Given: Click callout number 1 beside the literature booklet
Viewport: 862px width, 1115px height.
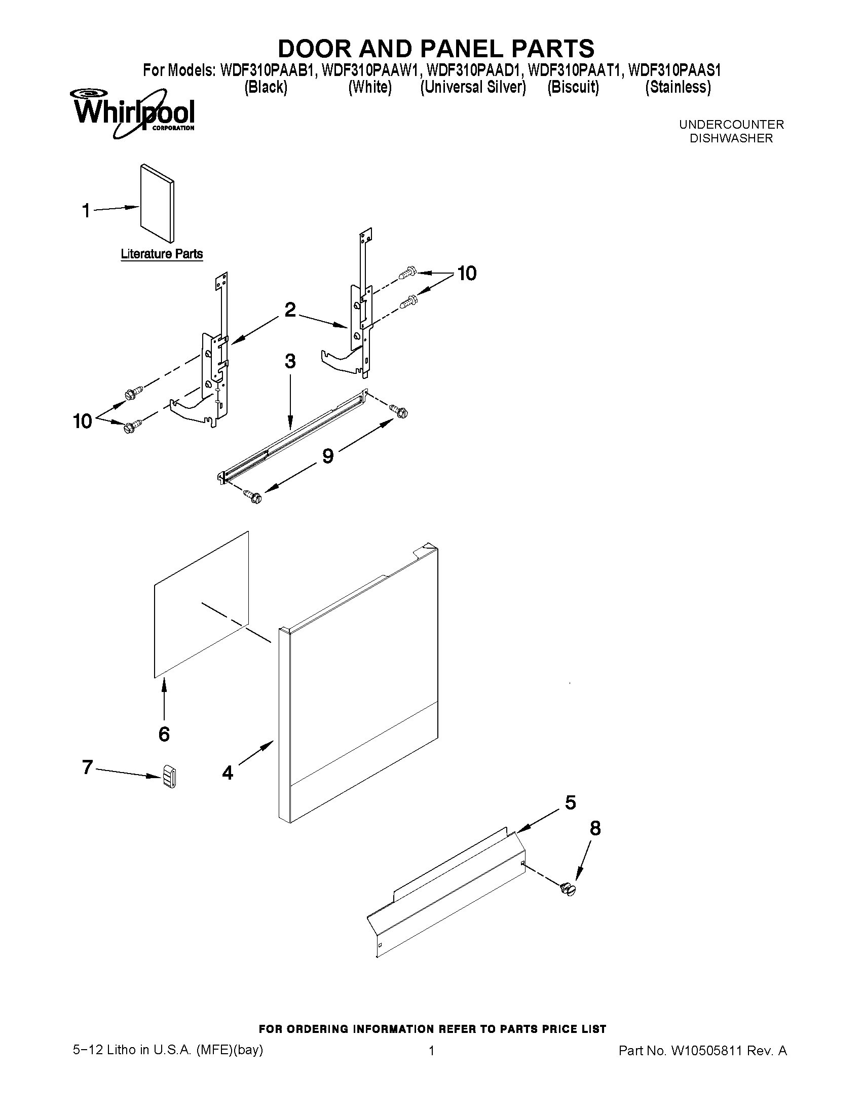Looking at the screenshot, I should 86,210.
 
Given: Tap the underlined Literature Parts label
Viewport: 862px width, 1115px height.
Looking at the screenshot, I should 161,254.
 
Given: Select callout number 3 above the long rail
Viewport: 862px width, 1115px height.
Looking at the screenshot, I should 290,362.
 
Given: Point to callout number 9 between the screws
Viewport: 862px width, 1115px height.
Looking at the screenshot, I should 328,455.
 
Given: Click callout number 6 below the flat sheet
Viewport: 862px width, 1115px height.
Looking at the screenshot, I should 164,734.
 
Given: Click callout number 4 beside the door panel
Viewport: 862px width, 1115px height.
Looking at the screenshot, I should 228,773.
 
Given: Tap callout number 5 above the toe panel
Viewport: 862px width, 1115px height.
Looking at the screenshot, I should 571,803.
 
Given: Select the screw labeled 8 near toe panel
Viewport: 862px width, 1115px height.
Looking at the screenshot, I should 568,890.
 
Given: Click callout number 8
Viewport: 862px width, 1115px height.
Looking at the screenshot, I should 595,829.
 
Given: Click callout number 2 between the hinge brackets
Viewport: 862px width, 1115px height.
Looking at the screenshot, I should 290,310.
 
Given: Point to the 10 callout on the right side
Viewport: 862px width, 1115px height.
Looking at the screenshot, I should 467,274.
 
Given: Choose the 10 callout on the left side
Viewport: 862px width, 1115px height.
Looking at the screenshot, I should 83,421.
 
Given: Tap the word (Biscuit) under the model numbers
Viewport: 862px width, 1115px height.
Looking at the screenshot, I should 573,87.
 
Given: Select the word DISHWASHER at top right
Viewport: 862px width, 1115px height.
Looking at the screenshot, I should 731,138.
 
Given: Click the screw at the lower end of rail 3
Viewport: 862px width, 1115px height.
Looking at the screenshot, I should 252,496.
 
